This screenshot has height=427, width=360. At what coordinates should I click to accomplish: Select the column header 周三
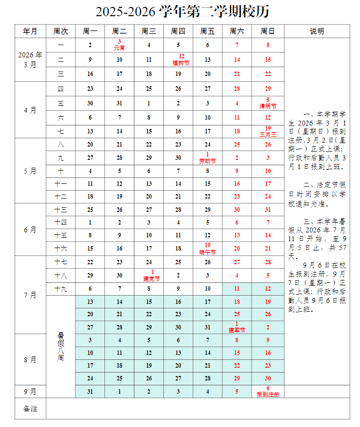(149, 31)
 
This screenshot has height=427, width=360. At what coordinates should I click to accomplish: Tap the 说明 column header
(317, 31)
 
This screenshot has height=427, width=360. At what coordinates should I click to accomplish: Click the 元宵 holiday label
(119, 48)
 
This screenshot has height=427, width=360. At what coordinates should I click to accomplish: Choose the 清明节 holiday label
(268, 106)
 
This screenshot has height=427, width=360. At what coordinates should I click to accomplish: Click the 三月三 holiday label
(268, 134)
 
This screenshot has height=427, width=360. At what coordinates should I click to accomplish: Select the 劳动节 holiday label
(207, 161)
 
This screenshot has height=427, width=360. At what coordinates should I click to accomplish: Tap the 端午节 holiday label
(207, 252)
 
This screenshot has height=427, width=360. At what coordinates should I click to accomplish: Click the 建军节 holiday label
(237, 330)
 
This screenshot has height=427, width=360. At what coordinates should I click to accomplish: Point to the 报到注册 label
(268, 394)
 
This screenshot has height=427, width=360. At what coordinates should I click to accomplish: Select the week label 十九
(61, 289)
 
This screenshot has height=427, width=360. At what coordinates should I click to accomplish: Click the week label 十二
(61, 196)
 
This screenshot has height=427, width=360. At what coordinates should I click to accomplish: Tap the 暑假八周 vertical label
(61, 347)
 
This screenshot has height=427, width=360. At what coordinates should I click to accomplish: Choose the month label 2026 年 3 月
(30, 59)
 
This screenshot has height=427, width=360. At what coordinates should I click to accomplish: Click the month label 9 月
(30, 391)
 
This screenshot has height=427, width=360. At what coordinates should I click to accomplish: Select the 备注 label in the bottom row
(30, 408)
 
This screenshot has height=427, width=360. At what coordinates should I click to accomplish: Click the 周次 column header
(61, 31)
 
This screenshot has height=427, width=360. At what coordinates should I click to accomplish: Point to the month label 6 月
(30, 229)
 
